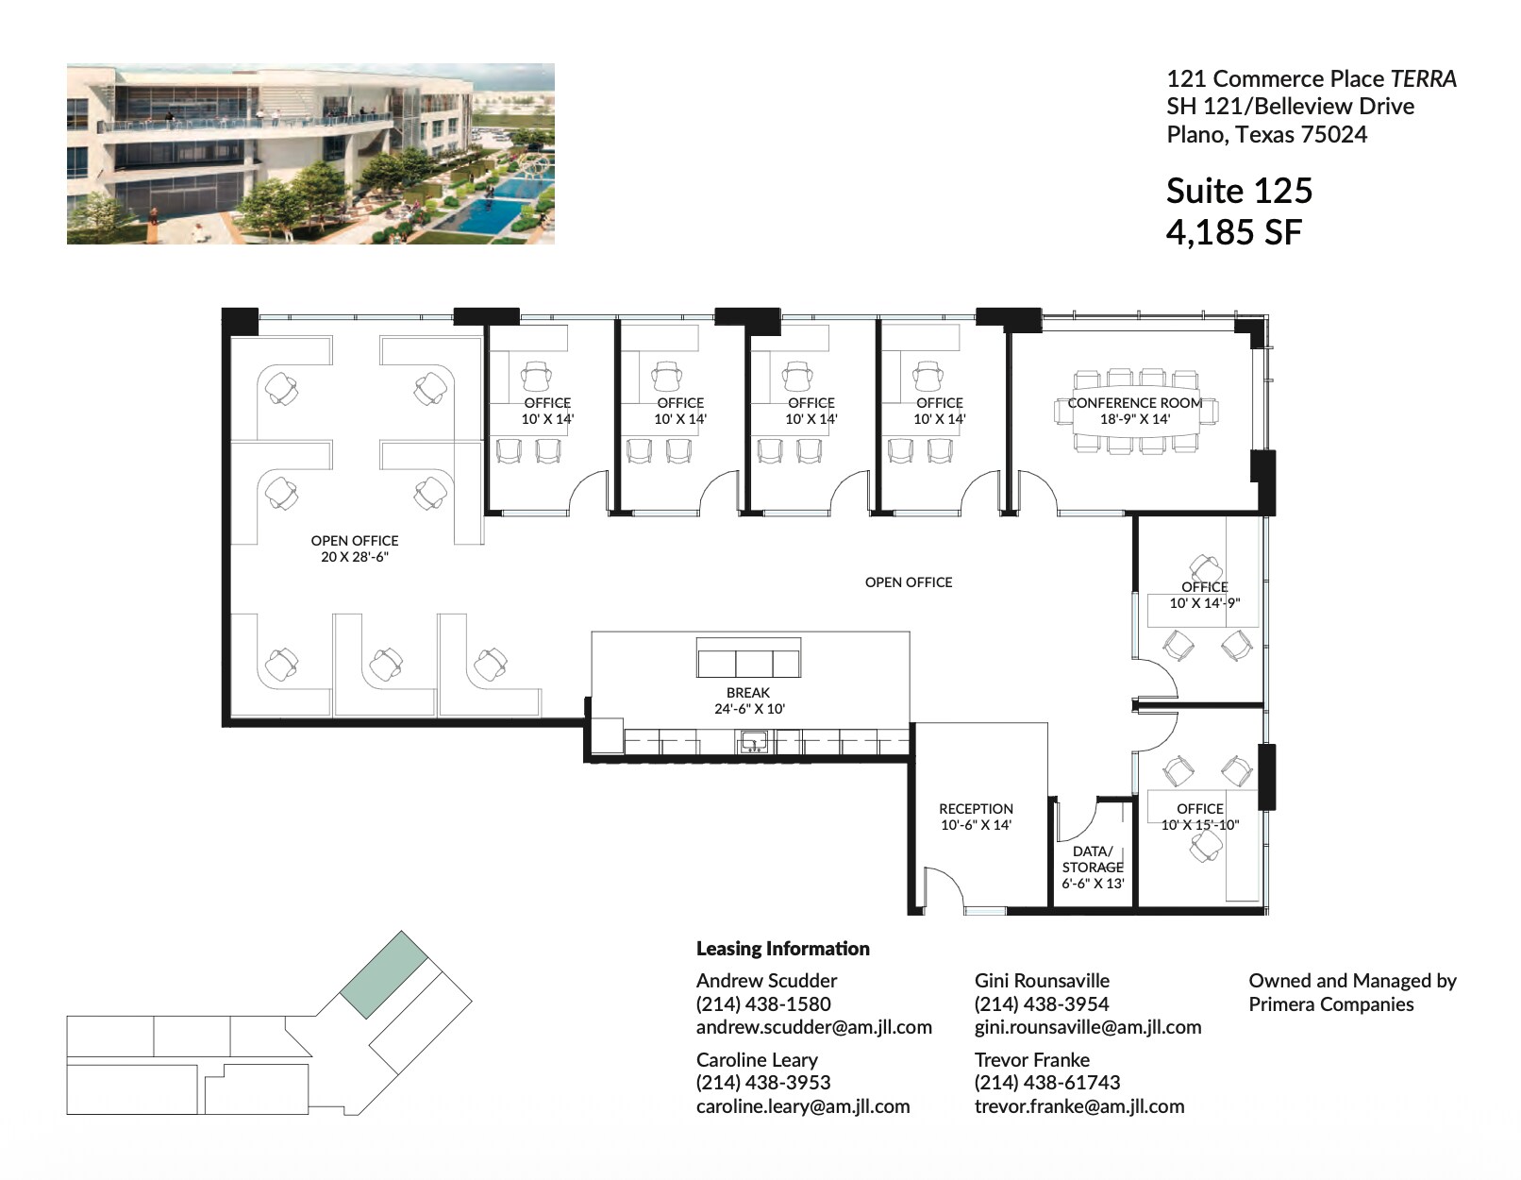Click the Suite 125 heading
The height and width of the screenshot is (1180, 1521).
coord(1238,191)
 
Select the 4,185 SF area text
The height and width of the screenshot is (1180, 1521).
coord(1233,232)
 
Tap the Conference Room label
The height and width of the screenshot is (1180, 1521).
coord(1134,403)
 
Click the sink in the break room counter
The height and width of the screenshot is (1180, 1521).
coord(752,742)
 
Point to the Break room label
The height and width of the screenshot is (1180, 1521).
coord(748,693)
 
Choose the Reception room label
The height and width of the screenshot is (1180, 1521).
coord(976,809)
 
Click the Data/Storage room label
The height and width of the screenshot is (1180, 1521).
coord(1093,859)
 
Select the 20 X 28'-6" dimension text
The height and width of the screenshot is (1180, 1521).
coord(355,557)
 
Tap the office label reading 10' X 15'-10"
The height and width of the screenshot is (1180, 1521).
coord(1199,825)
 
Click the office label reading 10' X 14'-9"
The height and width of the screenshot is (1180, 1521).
coord(1204,603)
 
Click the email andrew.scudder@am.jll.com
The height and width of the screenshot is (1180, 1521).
coord(813,1027)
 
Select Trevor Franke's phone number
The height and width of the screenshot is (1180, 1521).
coord(1046,1083)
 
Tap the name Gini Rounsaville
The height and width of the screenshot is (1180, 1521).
coord(1042,981)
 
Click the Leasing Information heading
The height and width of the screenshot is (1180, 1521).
coord(782,949)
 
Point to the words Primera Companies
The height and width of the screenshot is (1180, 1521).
coord(1330,1004)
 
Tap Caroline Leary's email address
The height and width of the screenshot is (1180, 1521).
coord(802,1106)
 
